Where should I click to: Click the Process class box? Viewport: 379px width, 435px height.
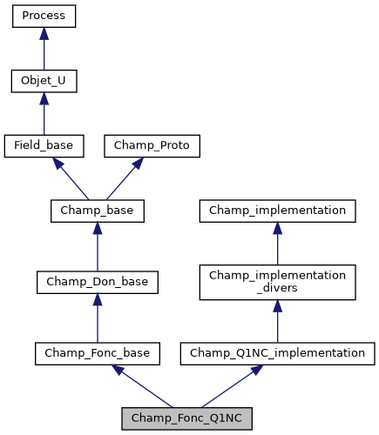[44, 16]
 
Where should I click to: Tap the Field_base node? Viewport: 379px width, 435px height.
[44, 146]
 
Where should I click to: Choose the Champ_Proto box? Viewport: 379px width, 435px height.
[152, 146]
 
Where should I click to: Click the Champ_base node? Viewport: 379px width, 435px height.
[97, 211]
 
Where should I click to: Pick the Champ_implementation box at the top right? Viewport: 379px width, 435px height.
[277, 211]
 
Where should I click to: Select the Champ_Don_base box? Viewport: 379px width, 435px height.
[97, 281]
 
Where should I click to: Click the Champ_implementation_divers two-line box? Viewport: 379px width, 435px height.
[277, 282]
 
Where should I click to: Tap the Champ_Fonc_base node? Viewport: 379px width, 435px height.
[97, 352]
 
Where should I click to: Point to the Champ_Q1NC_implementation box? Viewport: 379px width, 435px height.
[277, 352]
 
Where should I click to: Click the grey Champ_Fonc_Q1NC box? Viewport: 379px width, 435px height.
[186, 418]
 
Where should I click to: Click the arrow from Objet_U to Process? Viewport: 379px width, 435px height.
[44, 49]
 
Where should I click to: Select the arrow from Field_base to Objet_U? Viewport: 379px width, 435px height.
[44, 114]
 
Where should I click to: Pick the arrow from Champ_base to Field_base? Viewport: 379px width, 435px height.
[71, 179]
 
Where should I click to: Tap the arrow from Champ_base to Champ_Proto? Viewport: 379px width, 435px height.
[124, 179]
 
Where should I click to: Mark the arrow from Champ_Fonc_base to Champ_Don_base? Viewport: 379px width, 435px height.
[97, 318]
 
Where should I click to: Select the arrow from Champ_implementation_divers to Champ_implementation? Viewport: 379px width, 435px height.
[277, 244]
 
